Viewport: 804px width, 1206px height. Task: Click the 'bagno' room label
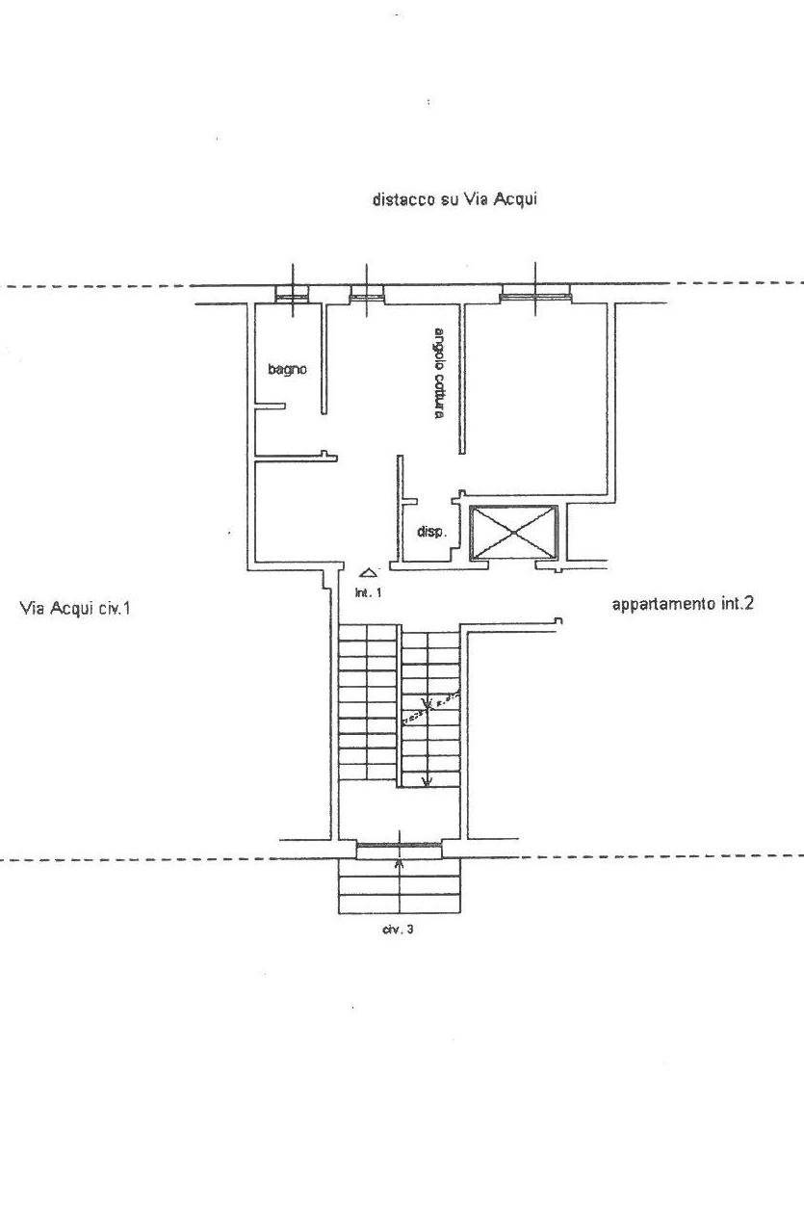pyautogui.click(x=287, y=368)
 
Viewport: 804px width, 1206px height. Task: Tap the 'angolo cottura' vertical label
pyautogui.click(x=438, y=374)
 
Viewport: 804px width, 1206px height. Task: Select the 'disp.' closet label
pyautogui.click(x=430, y=531)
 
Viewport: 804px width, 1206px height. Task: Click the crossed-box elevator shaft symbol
pyautogui.click(x=513, y=532)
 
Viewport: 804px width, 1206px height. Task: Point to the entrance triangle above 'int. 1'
pyautogui.click(x=367, y=573)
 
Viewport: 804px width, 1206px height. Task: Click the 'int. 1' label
pyautogui.click(x=368, y=592)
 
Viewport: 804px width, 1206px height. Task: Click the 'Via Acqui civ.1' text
pyautogui.click(x=75, y=608)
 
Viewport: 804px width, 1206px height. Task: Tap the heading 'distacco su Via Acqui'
pyautogui.click(x=454, y=199)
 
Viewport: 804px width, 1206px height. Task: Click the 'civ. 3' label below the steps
pyautogui.click(x=399, y=930)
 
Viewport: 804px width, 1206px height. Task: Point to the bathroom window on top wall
pyautogui.click(x=292, y=295)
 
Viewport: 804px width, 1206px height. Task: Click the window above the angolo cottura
pyautogui.click(x=366, y=296)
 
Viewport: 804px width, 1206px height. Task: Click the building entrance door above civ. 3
pyautogui.click(x=399, y=848)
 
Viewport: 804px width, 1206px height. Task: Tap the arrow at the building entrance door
pyautogui.click(x=400, y=863)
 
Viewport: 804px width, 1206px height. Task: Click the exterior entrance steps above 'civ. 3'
pyautogui.click(x=400, y=887)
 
